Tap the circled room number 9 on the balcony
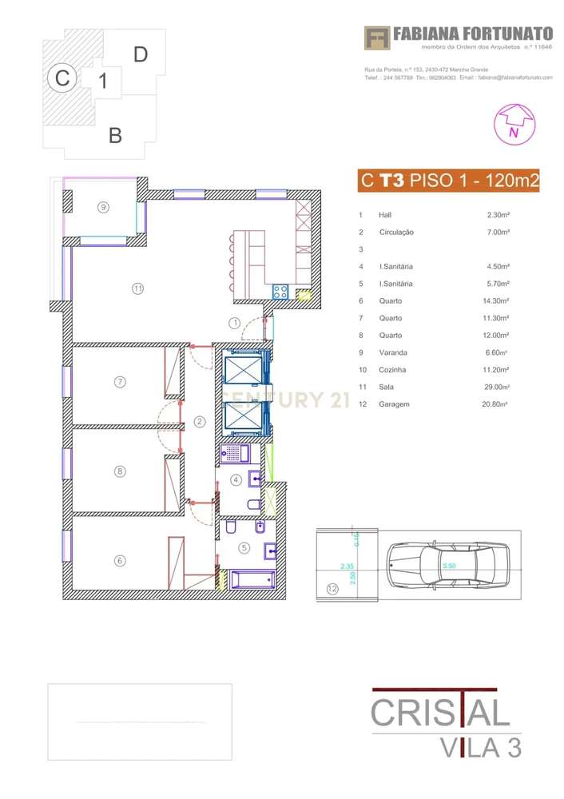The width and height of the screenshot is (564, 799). click(103, 207)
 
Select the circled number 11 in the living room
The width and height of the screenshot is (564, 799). click(137, 288)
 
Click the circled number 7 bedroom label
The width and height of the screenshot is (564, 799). click(120, 382)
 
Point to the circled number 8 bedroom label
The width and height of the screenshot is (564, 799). click(120, 471)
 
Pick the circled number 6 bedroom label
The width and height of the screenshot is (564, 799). click(120, 561)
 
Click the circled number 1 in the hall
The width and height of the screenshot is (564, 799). click(234, 323)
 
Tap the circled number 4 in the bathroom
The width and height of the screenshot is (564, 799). click(236, 480)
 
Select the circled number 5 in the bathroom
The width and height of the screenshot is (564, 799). click(244, 548)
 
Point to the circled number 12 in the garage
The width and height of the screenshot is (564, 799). click(332, 590)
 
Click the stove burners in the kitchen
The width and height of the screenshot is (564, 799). click(280, 292)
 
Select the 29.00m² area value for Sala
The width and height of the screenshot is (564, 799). click(498, 387)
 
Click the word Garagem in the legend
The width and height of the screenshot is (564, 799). click(395, 404)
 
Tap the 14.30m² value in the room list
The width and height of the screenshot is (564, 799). click(498, 301)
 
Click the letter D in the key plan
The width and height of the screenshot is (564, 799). click(141, 54)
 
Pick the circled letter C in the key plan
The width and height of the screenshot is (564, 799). click(61, 78)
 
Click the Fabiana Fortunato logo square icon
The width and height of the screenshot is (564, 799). click(377, 38)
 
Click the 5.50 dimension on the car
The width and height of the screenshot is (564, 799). click(450, 565)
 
